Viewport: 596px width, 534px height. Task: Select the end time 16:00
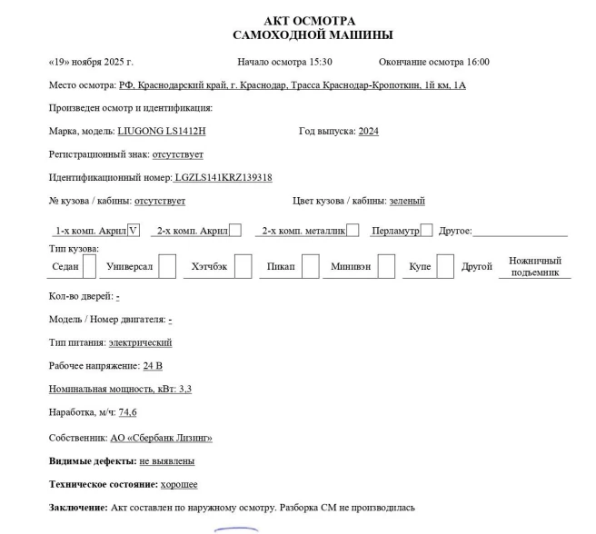[477, 62]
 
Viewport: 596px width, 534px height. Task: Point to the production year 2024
[368, 132]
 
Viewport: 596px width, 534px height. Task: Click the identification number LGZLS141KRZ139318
[223, 178]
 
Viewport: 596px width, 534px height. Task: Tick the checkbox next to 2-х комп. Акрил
[234, 231]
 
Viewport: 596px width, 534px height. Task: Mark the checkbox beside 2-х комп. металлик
[353, 231]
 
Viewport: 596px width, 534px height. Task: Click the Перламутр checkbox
[426, 231]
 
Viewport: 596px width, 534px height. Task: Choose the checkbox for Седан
[89, 266]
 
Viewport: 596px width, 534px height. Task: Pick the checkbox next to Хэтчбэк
[243, 266]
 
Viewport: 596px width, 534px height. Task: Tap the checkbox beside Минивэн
[386, 266]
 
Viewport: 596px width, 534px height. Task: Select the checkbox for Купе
[444, 266]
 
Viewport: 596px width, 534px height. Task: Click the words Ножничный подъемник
[534, 266]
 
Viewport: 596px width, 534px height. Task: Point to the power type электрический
[140, 342]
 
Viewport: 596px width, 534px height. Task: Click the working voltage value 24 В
[153, 366]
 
